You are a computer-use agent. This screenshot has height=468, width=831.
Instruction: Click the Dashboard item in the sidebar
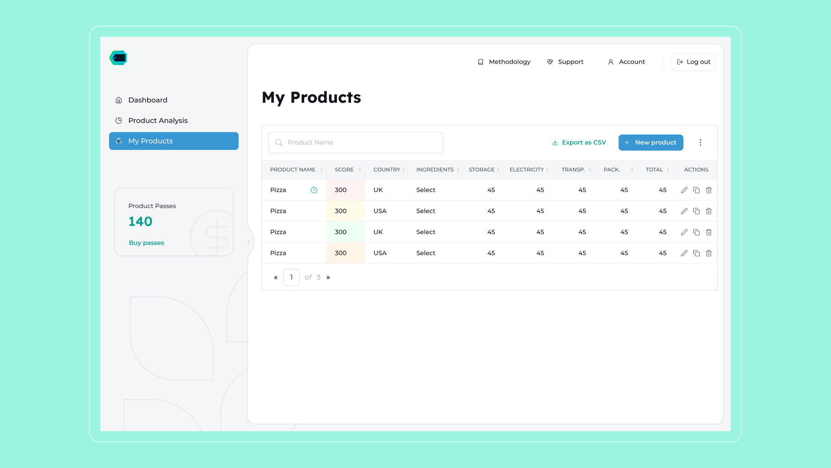pyautogui.click(x=141, y=100)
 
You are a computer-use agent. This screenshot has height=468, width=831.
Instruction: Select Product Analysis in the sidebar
pyautogui.click(x=151, y=120)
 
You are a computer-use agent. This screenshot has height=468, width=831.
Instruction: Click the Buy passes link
pyautogui.click(x=146, y=243)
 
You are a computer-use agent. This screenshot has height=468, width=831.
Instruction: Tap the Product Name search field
pyautogui.click(x=356, y=143)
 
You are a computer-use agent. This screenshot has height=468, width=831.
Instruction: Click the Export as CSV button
pyautogui.click(x=579, y=143)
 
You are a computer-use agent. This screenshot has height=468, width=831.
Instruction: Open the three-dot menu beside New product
pyautogui.click(x=700, y=143)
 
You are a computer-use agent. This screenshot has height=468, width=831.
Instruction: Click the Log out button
pyautogui.click(x=694, y=62)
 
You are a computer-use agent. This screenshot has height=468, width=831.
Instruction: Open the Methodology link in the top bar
pyautogui.click(x=504, y=62)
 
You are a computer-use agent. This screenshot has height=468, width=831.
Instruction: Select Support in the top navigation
pyautogui.click(x=565, y=62)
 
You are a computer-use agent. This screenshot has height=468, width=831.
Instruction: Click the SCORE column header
pyautogui.click(x=345, y=170)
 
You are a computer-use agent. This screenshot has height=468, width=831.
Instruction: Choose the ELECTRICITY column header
pyautogui.click(x=527, y=170)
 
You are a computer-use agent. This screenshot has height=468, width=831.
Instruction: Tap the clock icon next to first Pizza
pyautogui.click(x=314, y=190)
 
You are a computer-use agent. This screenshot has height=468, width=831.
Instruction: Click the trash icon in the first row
pyautogui.click(x=709, y=190)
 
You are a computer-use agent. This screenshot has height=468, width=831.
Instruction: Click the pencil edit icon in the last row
pyautogui.click(x=684, y=253)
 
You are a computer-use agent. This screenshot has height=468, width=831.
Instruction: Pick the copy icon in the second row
pyautogui.click(x=696, y=211)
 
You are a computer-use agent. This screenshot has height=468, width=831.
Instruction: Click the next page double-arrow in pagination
pyautogui.click(x=328, y=277)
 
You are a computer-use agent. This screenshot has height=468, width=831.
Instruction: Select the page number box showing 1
pyautogui.click(x=291, y=277)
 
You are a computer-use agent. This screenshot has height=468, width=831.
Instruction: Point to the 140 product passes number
pyautogui.click(x=140, y=221)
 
